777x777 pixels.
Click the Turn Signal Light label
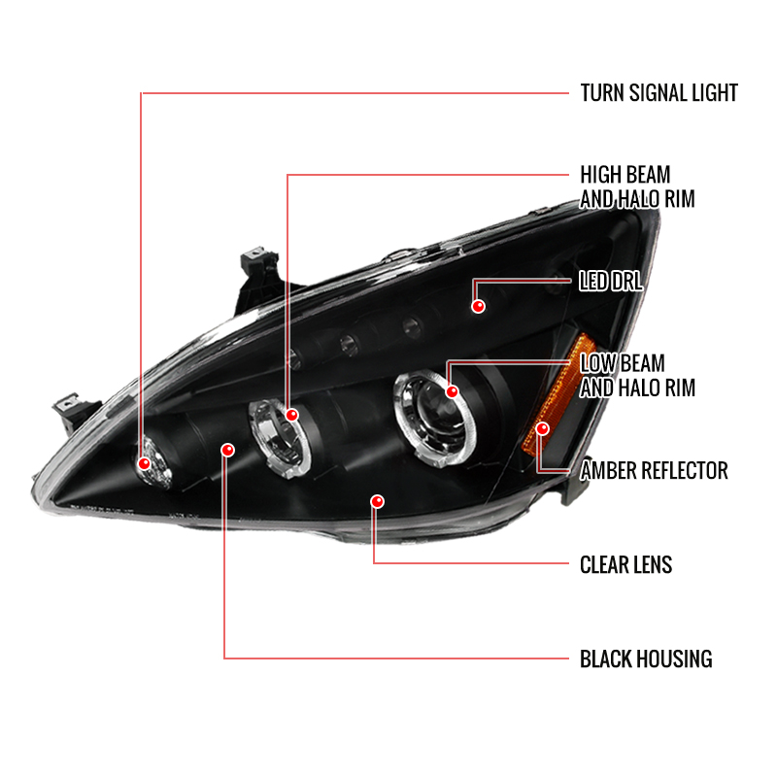tap(659, 93)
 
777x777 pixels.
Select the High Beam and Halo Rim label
tap(637, 186)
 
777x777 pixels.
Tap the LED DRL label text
tap(611, 282)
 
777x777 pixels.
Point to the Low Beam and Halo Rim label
tap(637, 376)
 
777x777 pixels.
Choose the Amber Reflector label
tap(654, 470)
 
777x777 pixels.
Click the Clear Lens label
tap(625, 565)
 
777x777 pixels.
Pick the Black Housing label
tap(646, 659)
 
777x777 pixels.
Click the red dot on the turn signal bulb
tap(144, 464)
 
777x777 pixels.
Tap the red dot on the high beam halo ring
tap(292, 415)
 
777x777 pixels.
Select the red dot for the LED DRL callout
tap(478, 306)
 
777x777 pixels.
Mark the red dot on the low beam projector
tap(452, 392)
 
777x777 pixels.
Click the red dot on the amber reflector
tap(543, 428)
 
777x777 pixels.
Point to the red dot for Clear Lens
tap(377, 501)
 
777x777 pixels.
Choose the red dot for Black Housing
tap(227, 450)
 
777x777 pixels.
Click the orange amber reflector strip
tap(557, 396)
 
